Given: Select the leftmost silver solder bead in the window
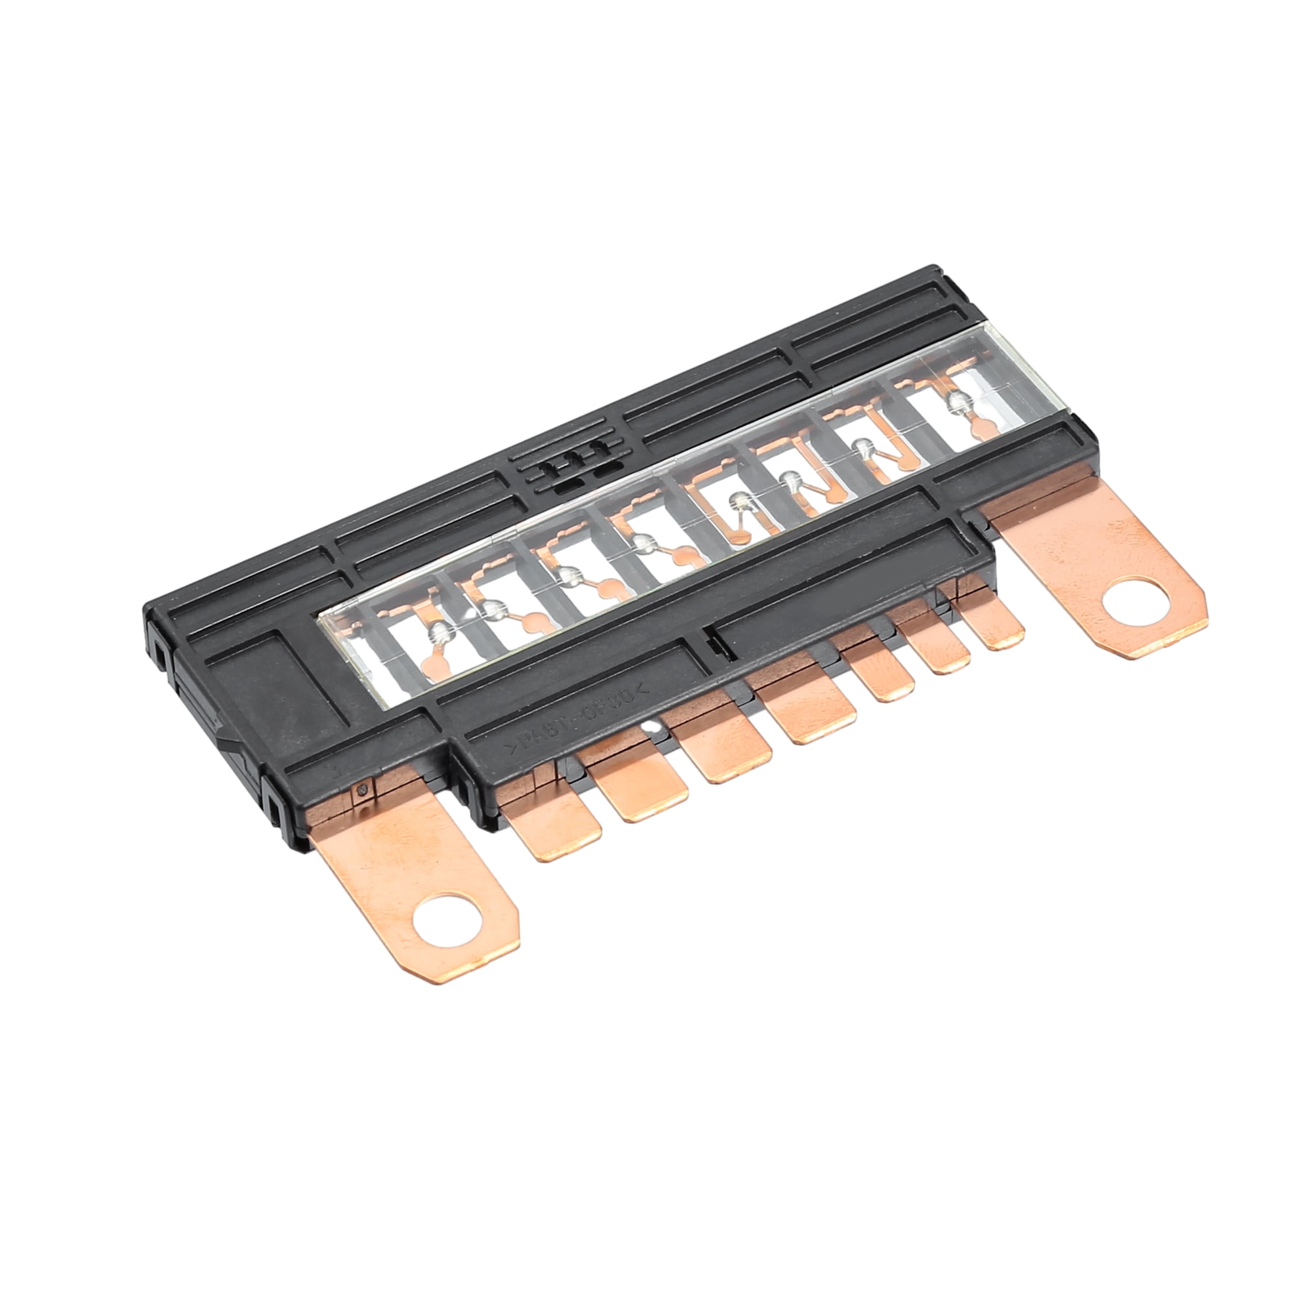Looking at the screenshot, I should [x=442, y=633].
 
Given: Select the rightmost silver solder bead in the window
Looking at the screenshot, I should [x=958, y=403].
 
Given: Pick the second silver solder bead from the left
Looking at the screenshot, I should [x=495, y=609].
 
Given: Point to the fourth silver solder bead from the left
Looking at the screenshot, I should [x=642, y=542].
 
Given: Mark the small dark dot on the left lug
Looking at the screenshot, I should [x=362, y=789].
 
